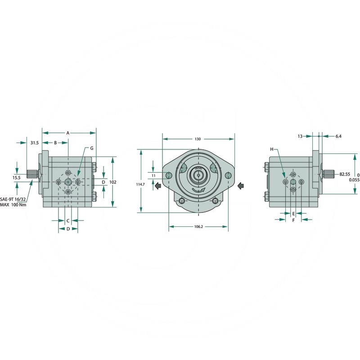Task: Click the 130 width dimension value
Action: [x=198, y=139]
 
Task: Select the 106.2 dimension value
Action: [x=198, y=227]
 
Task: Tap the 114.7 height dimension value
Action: [x=140, y=184]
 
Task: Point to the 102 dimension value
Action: [x=113, y=182]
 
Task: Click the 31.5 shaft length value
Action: [x=35, y=143]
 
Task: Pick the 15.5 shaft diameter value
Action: [x=17, y=178]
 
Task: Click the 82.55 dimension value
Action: [x=345, y=174]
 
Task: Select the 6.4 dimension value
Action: [x=338, y=136]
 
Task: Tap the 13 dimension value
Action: [x=300, y=136]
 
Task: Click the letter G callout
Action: [x=92, y=148]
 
